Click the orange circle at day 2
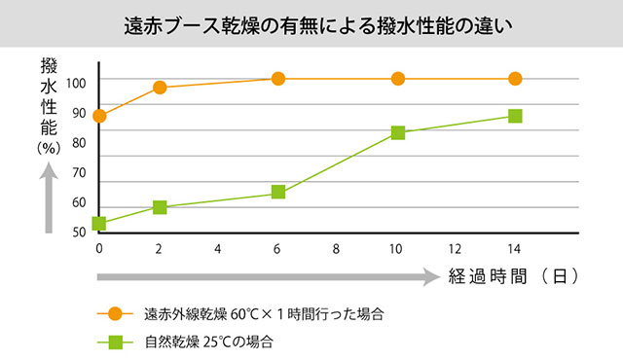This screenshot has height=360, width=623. tap(160, 88)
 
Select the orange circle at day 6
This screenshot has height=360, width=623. tap(278, 79)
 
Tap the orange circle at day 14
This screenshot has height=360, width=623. tap(515, 79)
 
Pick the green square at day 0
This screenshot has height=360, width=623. tap(99, 224)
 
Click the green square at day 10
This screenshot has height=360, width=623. tap(397, 132)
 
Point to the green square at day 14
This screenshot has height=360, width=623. tap(515, 116)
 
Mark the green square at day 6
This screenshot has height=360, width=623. tap(278, 192)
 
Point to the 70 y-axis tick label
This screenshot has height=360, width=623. tap(77, 172)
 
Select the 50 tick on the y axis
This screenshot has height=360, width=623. tap(77, 232)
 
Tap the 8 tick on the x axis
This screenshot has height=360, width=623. tap(337, 249)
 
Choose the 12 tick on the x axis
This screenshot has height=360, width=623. tap(455, 249)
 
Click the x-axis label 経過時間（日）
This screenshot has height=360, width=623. tap(514, 276)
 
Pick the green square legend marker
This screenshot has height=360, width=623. tap(114, 342)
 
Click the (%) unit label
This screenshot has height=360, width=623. tap(49, 148)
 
